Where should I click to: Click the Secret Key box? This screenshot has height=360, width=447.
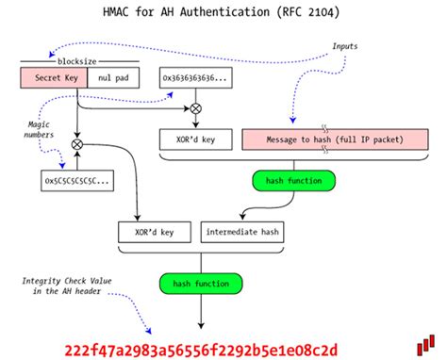click(x=53, y=80)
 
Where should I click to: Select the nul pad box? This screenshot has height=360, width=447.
click(x=108, y=80)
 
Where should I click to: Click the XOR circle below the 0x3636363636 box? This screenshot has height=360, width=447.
click(x=195, y=109)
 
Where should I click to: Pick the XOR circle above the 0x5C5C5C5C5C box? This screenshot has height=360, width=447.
click(x=77, y=143)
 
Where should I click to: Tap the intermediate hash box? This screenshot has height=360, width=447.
click(x=240, y=230)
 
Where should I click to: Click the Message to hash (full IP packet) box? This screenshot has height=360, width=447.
click(x=328, y=140)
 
